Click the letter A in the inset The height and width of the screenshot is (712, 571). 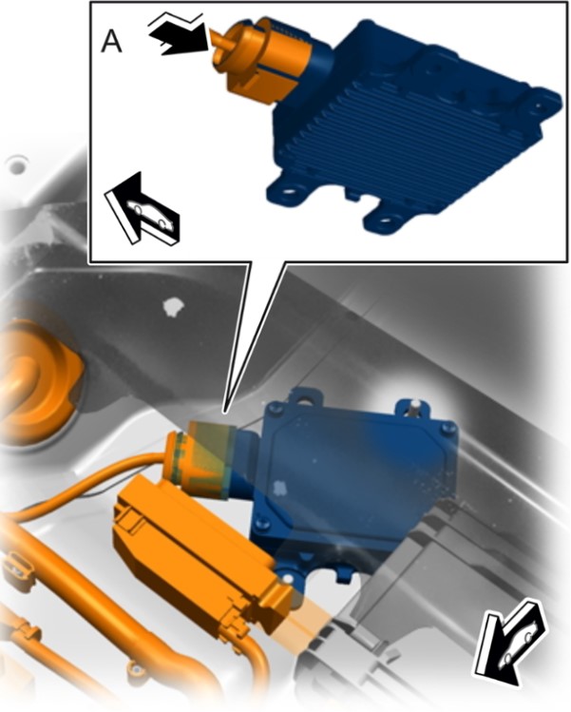click(111, 43)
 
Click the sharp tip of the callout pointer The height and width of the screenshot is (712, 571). click(224, 413)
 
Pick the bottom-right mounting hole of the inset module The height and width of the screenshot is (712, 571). click(385, 221)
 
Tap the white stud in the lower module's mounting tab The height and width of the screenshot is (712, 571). click(413, 404)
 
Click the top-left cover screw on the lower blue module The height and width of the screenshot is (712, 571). click(273, 409)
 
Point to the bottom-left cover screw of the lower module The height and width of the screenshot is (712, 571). click(261, 524)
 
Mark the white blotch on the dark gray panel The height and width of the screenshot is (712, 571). click(173, 306)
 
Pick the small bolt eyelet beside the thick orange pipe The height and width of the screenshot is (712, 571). click(135, 669)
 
